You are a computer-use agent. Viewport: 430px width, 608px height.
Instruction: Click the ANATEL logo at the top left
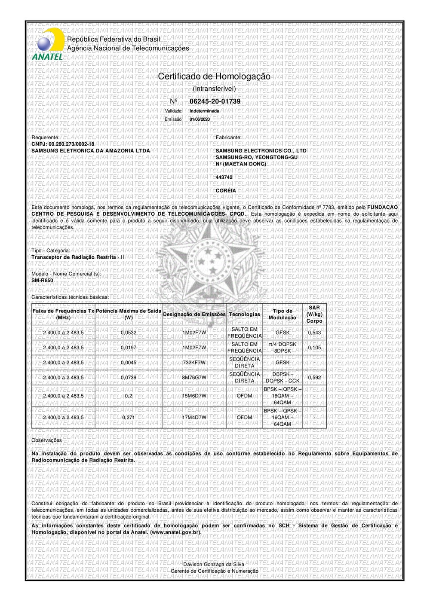point(47,45)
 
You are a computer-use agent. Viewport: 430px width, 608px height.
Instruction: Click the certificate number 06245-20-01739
point(215,101)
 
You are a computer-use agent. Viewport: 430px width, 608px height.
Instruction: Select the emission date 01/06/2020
point(200,119)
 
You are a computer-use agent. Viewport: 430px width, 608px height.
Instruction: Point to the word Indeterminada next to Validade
point(204,111)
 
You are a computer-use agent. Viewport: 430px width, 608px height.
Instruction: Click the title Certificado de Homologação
point(214,76)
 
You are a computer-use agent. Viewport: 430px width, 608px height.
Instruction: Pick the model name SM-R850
point(42,281)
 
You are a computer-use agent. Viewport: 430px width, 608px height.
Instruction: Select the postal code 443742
point(224,177)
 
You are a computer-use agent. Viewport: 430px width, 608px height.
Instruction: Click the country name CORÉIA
point(226,190)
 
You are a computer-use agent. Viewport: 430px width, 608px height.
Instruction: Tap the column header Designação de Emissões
point(194,315)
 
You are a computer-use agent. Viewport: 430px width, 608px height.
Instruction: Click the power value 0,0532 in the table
point(128,333)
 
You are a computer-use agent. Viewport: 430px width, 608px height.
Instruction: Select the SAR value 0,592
point(314,378)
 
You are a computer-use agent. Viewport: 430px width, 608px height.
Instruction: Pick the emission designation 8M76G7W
point(194,378)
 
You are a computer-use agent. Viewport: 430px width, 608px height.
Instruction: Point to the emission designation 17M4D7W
point(194,417)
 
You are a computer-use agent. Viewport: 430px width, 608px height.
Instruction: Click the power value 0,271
point(128,417)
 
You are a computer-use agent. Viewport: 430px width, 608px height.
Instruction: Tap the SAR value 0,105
point(314,348)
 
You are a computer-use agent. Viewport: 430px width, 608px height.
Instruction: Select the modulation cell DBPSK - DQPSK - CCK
point(283,378)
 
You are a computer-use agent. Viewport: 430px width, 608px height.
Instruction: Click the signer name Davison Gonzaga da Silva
point(214,564)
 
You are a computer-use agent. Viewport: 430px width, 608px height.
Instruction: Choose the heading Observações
point(46,440)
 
